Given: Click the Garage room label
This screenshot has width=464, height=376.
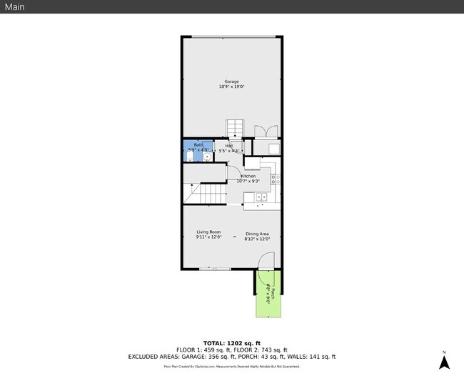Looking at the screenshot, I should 231,81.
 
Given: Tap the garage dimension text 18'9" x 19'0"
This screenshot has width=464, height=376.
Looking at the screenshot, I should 231,87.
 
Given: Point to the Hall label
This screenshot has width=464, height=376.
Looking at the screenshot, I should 229,146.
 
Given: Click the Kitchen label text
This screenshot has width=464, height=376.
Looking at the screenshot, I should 248,176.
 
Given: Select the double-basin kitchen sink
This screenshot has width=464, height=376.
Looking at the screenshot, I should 262,197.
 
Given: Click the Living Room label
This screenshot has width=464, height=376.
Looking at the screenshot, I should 208,232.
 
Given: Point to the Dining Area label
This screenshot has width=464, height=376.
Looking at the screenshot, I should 257,234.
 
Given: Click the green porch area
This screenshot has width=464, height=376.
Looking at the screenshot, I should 269,300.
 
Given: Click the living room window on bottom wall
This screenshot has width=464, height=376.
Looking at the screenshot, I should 214,269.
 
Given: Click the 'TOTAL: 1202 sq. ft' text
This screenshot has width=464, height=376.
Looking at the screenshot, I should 231,343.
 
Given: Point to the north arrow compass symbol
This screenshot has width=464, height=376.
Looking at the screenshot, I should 443,361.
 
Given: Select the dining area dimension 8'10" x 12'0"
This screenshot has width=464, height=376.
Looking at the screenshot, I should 257,239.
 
